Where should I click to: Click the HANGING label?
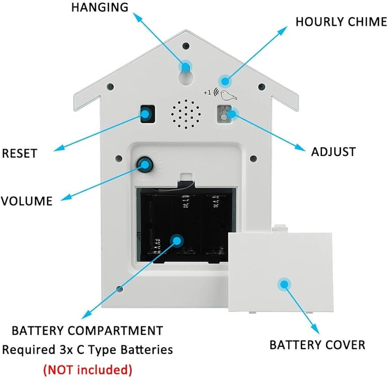coord(100,7)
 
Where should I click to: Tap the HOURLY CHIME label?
coord(341,21)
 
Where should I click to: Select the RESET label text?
coord(20,153)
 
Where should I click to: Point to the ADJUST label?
coord(333,151)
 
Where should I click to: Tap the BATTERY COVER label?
coord(317,345)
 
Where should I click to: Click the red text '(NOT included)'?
coord(87,370)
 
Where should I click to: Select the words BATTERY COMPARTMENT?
coord(87,331)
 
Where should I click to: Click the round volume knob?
coord(144,164)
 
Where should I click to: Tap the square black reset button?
coord(147,114)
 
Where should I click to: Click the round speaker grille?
coord(186,114)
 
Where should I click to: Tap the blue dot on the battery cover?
coord(284,284)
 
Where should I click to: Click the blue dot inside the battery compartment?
coord(177,241)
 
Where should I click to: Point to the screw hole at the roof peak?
coord(186,45)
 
